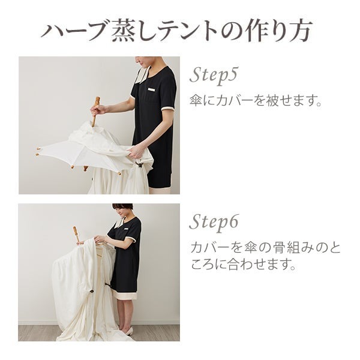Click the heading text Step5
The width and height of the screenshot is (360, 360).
(215, 76)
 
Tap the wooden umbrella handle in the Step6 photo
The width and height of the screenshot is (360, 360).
(76, 233)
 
